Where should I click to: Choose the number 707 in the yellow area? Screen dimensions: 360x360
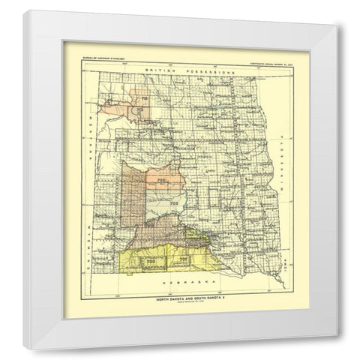182,259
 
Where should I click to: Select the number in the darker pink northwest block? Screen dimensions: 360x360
138,109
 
